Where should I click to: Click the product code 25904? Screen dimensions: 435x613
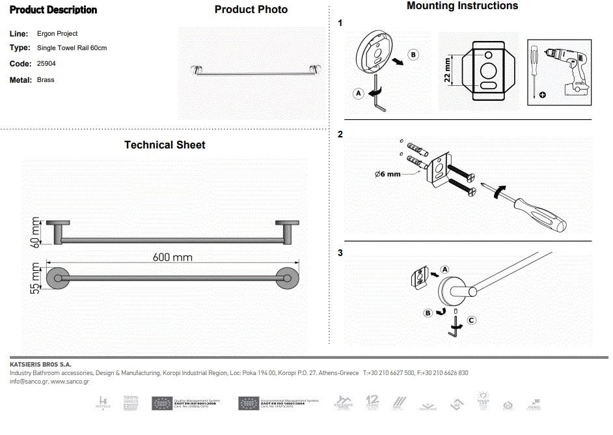pos(46,64)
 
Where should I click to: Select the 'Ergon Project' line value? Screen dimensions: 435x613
pos(57,33)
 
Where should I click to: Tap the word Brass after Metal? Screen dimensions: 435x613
pos(46,80)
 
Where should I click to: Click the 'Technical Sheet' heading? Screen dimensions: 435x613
pos(165,145)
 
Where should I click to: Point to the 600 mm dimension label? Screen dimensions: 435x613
pos(172,257)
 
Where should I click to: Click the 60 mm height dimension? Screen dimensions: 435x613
pos(36,232)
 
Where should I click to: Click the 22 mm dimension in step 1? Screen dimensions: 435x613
pos(448,69)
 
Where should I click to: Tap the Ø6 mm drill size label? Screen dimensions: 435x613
pos(388,174)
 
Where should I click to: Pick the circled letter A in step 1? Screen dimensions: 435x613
pos(358,93)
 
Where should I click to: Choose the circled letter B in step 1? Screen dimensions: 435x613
pos(413,54)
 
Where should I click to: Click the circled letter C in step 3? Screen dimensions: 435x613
pos(472,320)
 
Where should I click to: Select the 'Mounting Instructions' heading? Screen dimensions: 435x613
pos(462,6)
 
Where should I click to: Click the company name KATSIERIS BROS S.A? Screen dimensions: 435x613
pos(40,364)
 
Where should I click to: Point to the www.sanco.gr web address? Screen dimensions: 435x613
pos(70,382)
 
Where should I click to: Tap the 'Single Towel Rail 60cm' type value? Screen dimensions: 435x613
pos(72,48)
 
